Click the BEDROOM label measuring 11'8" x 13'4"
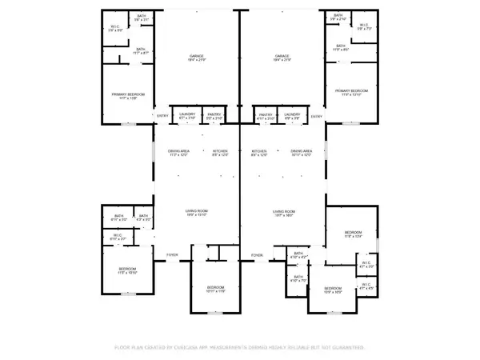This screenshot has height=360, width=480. [353, 234]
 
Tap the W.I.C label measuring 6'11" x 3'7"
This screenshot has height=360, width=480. [118, 235]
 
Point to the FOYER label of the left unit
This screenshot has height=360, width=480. [172, 254]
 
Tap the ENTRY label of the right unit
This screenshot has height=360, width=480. [317, 117]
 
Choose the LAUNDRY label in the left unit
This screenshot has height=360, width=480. [187, 115]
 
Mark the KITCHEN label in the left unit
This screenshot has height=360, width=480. [220, 152]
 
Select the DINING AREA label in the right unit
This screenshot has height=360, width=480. [301, 152]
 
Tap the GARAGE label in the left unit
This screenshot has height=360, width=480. [197, 58]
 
